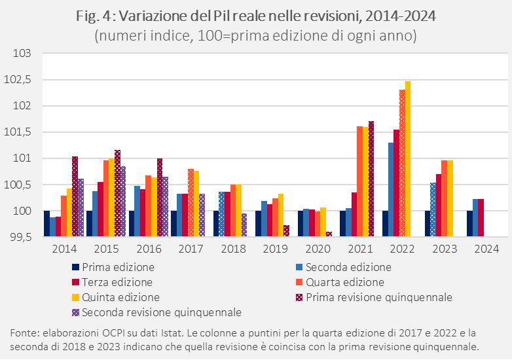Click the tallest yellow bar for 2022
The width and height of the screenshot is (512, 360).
click(408, 158)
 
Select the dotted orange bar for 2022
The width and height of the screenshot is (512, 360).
click(402, 163)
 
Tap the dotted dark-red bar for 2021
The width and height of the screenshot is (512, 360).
click(371, 179)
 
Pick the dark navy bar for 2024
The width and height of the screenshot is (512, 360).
click(469, 223)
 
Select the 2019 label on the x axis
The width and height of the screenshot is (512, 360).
click(274, 249)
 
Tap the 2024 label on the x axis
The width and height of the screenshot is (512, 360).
click(486, 249)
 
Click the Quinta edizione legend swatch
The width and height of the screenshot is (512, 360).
click(75, 298)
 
